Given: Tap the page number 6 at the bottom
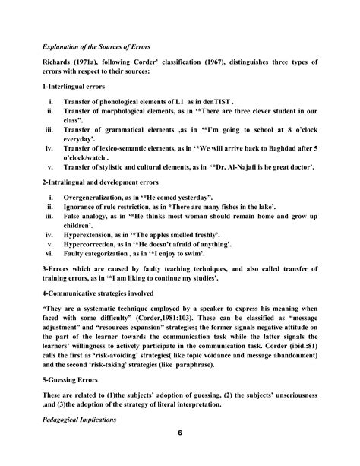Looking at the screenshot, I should click(x=179, y=454).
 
